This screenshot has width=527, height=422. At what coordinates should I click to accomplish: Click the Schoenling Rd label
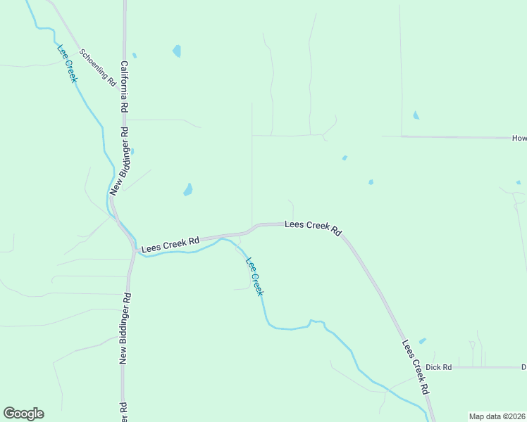tap(98, 68)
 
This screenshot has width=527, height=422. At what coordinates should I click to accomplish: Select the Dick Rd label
tap(438, 367)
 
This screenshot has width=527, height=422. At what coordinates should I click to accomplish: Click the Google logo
tap(23, 414)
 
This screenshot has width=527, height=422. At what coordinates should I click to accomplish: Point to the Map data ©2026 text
tap(496, 416)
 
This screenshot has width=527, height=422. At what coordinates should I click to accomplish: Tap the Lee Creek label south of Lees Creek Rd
tap(254, 276)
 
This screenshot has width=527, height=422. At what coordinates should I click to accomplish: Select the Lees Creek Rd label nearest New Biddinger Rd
tap(170, 244)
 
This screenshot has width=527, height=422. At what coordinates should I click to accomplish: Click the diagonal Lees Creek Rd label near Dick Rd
tap(416, 367)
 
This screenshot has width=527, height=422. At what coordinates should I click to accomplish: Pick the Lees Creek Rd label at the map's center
tap(313, 228)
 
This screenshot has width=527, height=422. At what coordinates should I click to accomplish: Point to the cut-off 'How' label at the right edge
tap(519, 139)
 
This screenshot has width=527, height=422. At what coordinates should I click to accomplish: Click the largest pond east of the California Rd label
tap(177, 51)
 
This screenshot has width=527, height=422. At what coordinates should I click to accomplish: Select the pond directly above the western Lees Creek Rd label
tap(188, 189)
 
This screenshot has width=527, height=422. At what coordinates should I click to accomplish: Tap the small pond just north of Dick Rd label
tap(422, 341)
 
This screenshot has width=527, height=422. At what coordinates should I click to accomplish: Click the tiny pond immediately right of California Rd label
tap(134, 55)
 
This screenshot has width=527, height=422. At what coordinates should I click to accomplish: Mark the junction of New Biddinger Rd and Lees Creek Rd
tap(133, 248)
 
